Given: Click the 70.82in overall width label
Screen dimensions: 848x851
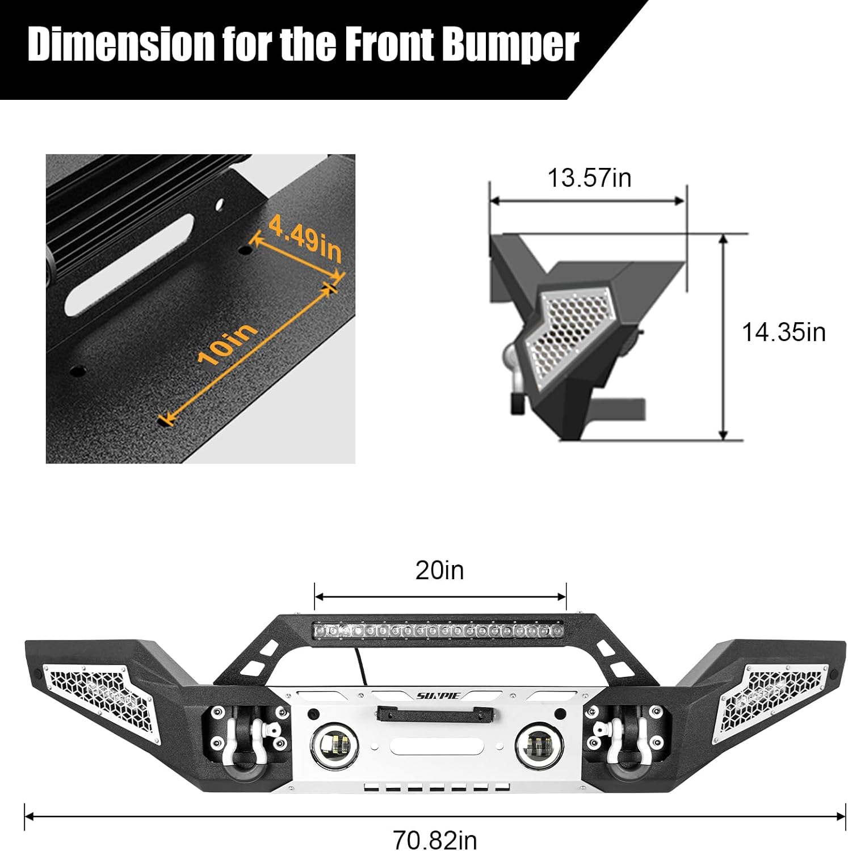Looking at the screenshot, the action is tap(435, 839).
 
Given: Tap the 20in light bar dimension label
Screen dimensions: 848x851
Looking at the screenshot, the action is tap(439, 571).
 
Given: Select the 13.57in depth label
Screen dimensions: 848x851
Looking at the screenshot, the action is tap(589, 178).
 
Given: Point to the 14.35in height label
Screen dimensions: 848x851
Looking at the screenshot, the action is tap(783, 332).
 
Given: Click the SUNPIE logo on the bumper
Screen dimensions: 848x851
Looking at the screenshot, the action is tap(439, 696).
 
